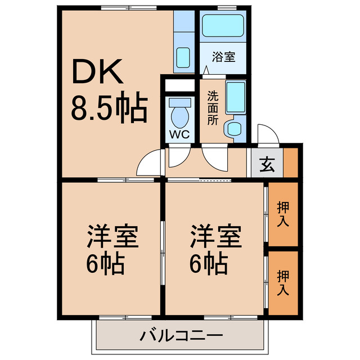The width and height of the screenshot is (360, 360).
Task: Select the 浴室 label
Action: pos(223,56)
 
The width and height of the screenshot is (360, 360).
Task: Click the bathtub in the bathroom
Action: pos(222,26)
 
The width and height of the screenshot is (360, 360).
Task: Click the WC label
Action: pos(181,134)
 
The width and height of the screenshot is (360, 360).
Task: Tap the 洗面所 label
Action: pos(212,107)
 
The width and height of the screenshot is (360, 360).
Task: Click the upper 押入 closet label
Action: pos(283,214)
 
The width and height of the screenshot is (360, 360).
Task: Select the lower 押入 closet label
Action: pos(283,283)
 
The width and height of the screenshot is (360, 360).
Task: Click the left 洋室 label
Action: pos(112,236)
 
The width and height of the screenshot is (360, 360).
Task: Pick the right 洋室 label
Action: pos(215,236)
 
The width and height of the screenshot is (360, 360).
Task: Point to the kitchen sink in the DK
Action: pos(183,56)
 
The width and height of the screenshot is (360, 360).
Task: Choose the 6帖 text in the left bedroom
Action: pos(105,262)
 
